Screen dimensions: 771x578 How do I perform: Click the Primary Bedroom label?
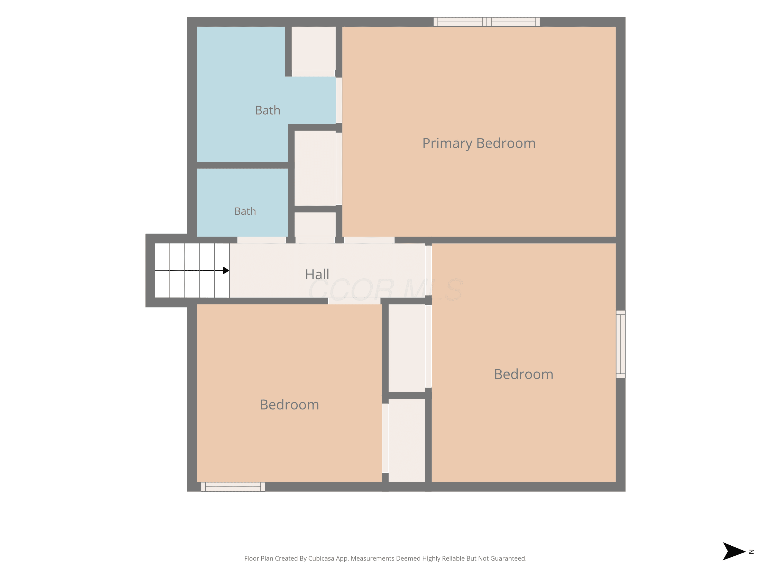coord(479,143)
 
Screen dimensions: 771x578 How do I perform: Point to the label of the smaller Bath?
coord(245,211)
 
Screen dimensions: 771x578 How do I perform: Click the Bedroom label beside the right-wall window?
coord(524,374)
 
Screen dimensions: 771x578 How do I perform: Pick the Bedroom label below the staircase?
coord(289,405)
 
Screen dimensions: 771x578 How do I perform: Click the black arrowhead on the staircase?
coord(226,270)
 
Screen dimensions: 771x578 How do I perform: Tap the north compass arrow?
coord(734,551)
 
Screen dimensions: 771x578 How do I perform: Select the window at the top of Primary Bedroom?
coord(487,22)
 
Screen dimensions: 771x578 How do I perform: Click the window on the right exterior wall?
coord(620,344)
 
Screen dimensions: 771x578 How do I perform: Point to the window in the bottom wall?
coord(233,487)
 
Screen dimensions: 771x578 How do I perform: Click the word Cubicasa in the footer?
coord(321,558)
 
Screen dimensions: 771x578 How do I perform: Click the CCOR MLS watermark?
coord(385,290)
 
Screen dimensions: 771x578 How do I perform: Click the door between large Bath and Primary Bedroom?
coord(339,100)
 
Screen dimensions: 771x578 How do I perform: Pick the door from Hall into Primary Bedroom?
coord(369,240)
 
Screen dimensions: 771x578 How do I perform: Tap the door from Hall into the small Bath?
coord(262,240)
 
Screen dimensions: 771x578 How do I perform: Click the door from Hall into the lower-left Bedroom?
coord(354,301)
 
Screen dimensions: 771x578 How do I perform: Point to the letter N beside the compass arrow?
coord(751,552)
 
